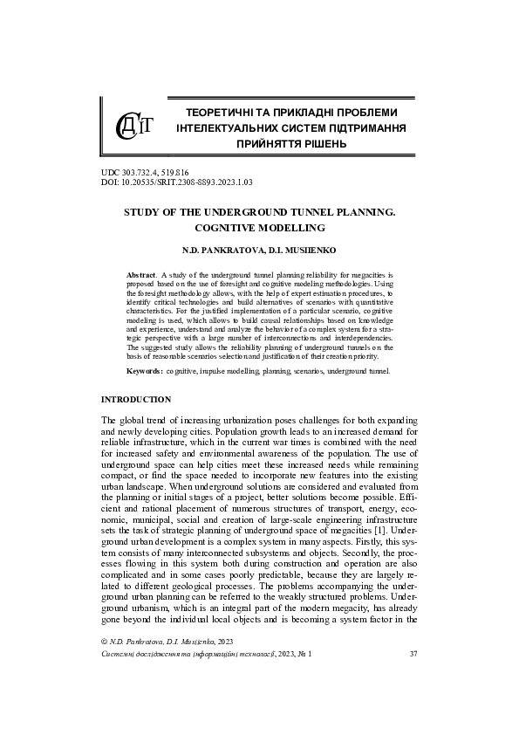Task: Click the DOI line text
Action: [x=176, y=182]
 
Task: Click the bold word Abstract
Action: [x=142, y=274]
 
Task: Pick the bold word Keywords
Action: [x=145, y=371]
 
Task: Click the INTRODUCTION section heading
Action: [x=136, y=399]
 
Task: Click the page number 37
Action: [x=414, y=677]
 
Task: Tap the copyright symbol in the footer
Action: [x=105, y=666]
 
